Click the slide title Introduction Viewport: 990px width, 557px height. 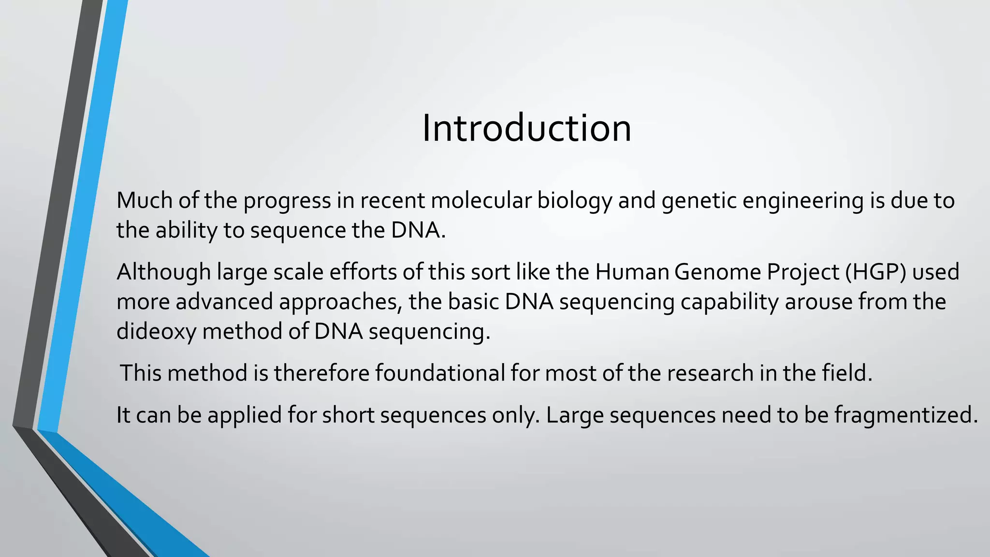tap(526, 129)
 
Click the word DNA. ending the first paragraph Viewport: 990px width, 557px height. tap(418, 230)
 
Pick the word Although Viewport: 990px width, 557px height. tap(163, 273)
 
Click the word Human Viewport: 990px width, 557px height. tap(631, 272)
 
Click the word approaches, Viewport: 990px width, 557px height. tap(341, 303)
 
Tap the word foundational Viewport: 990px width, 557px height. tap(439, 373)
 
